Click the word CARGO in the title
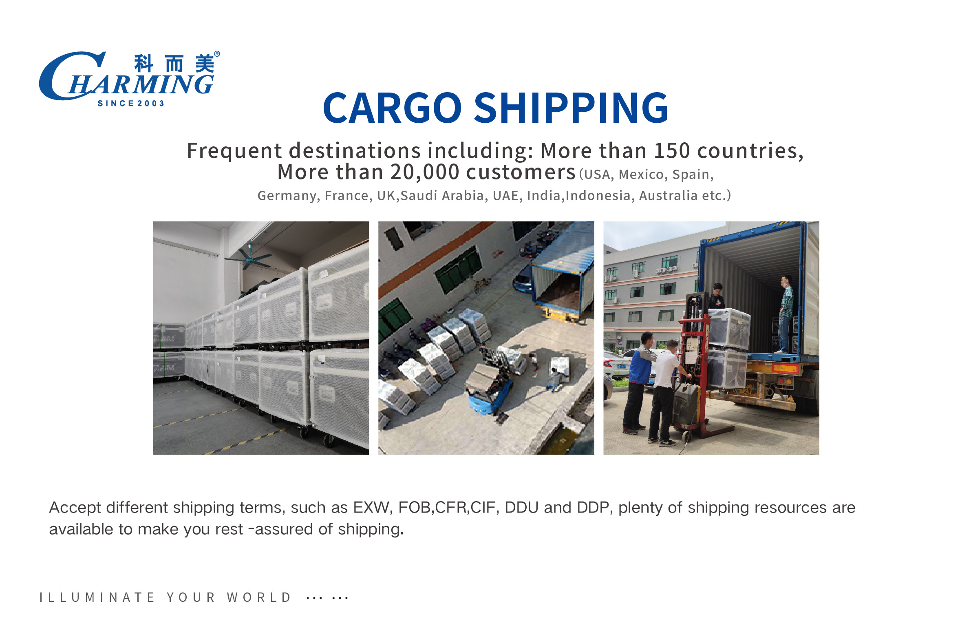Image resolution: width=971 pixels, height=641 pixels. pyautogui.click(x=392, y=108)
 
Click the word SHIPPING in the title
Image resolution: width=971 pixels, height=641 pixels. pyautogui.click(x=571, y=108)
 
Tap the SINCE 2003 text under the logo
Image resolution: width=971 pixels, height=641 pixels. pyautogui.click(x=131, y=104)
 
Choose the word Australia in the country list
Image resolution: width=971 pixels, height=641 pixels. pyautogui.click(x=668, y=195)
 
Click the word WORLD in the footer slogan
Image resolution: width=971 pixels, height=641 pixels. pyautogui.click(x=259, y=598)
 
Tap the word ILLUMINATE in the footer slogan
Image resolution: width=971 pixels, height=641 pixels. pyautogui.click(x=97, y=598)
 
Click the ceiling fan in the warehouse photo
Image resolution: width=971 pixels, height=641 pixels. pyautogui.click(x=249, y=258)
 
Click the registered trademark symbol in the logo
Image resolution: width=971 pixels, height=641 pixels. pyautogui.click(x=217, y=54)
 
